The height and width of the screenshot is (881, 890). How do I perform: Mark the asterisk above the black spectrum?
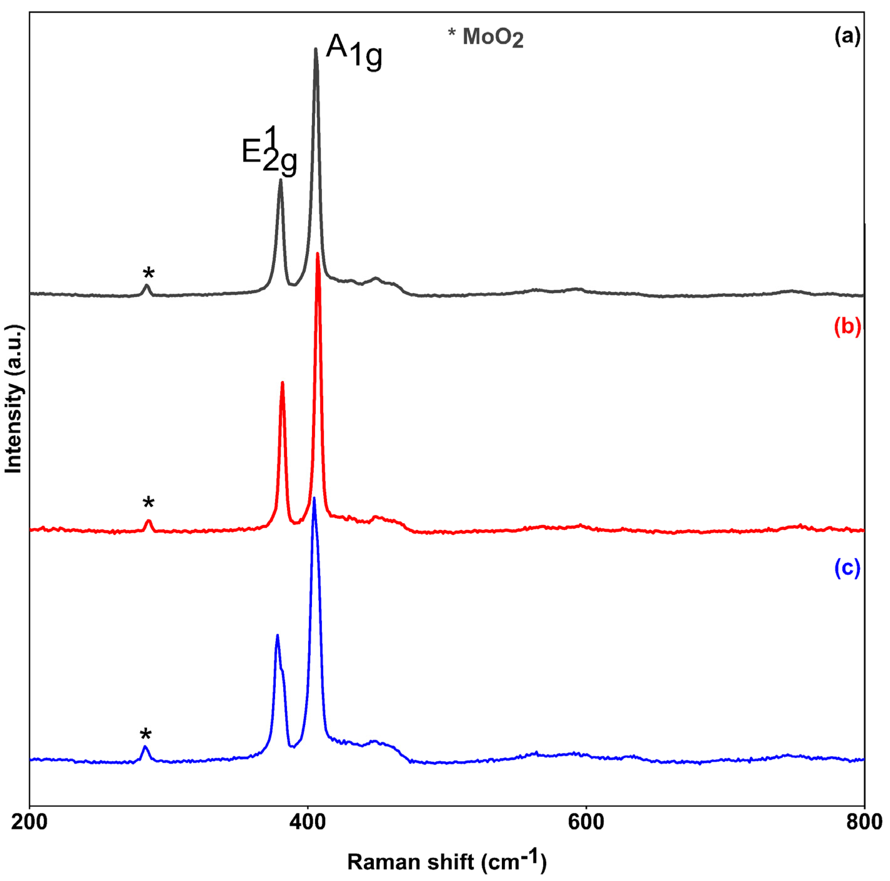pos(148,273)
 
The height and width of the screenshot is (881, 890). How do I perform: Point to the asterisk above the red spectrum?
pos(148,502)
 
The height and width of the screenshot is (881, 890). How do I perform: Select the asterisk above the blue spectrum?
pos(146,735)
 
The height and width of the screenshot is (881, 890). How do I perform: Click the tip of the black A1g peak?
pos(315,49)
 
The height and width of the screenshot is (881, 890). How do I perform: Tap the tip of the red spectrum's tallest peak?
pos(317,254)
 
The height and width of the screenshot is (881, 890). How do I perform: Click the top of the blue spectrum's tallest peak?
pos(314,498)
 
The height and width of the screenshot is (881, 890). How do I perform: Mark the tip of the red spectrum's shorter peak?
pos(282,383)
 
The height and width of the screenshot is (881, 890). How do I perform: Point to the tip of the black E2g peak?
pos(280,180)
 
